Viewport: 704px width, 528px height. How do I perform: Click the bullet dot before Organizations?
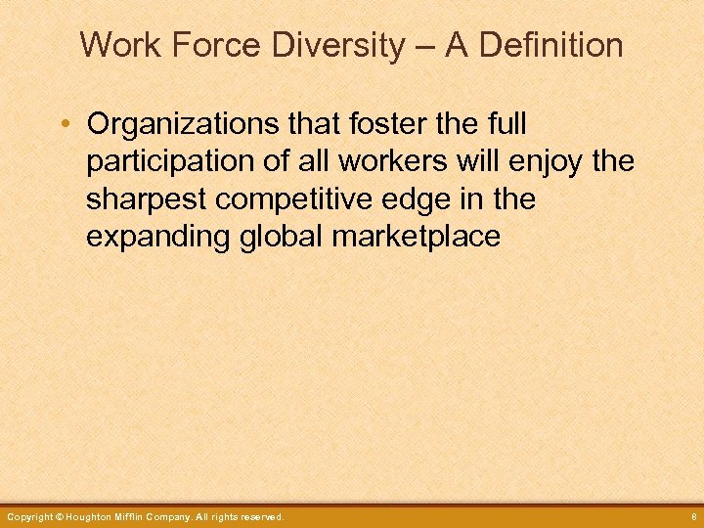65,125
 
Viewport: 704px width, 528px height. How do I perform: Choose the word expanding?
158,238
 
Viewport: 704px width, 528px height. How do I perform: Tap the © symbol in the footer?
60,516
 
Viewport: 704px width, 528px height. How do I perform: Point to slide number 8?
690,516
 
